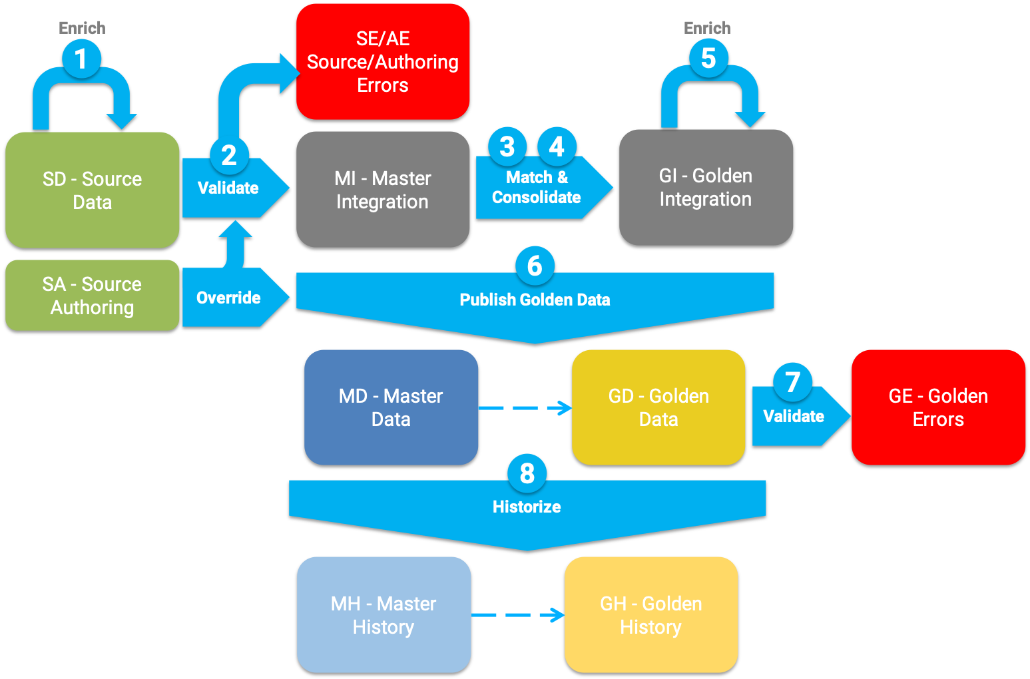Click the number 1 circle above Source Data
coord(81,59)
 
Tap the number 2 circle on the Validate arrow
coord(229,155)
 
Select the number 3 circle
coord(507,146)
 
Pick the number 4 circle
coord(557,146)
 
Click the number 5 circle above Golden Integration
coord(708,58)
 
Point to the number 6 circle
coord(535,266)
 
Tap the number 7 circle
coord(792,382)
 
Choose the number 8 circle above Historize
coord(527,473)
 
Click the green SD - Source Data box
coord(93,190)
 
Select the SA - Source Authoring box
coord(93,296)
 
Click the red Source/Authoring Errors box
coord(383,62)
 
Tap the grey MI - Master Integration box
coord(383,190)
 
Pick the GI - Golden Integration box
coord(706,188)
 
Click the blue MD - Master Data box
coord(391,407)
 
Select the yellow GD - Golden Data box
coord(658,407)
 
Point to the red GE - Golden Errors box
coord(938,407)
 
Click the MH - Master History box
coord(384,615)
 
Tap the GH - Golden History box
coord(651,615)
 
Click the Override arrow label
coord(229,298)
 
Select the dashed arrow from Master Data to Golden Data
coord(525,408)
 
